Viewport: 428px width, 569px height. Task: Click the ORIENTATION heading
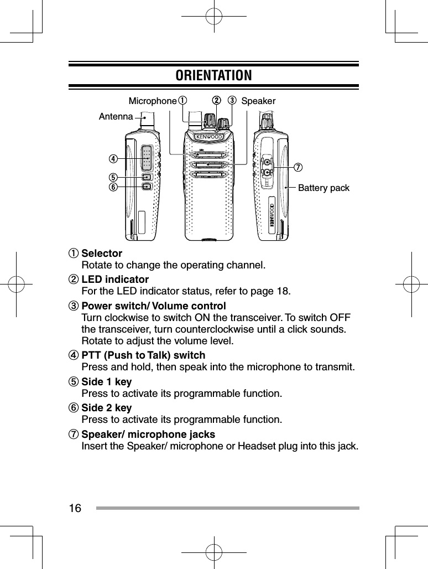213,75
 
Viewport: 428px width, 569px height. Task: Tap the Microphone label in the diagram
152,101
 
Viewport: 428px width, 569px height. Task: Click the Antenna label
116,117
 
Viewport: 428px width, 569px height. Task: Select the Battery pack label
323,188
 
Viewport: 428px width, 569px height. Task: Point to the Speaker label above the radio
258,101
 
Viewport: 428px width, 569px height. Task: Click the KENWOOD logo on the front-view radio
208,137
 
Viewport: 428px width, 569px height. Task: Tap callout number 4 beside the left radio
113,159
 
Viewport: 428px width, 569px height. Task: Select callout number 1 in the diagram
182,101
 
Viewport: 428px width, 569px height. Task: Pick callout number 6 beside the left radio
113,187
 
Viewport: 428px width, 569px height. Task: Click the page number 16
75,508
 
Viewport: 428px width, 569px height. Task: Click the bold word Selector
102,254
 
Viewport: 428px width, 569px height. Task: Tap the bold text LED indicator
115,279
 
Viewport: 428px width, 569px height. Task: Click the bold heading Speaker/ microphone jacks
148,434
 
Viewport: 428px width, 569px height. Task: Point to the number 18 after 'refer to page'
282,291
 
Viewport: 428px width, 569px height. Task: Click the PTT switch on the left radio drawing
147,158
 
